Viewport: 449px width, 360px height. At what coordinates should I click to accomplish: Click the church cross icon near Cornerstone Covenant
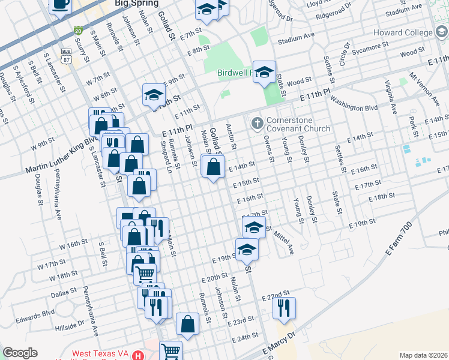pyautogui.click(x=258, y=124)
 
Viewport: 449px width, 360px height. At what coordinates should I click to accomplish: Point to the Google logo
pyautogui.click(x=20, y=352)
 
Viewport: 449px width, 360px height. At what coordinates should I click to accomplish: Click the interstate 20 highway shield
pyautogui.click(x=78, y=31)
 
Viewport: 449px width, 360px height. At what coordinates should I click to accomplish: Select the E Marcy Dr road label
pyautogui.click(x=279, y=344)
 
